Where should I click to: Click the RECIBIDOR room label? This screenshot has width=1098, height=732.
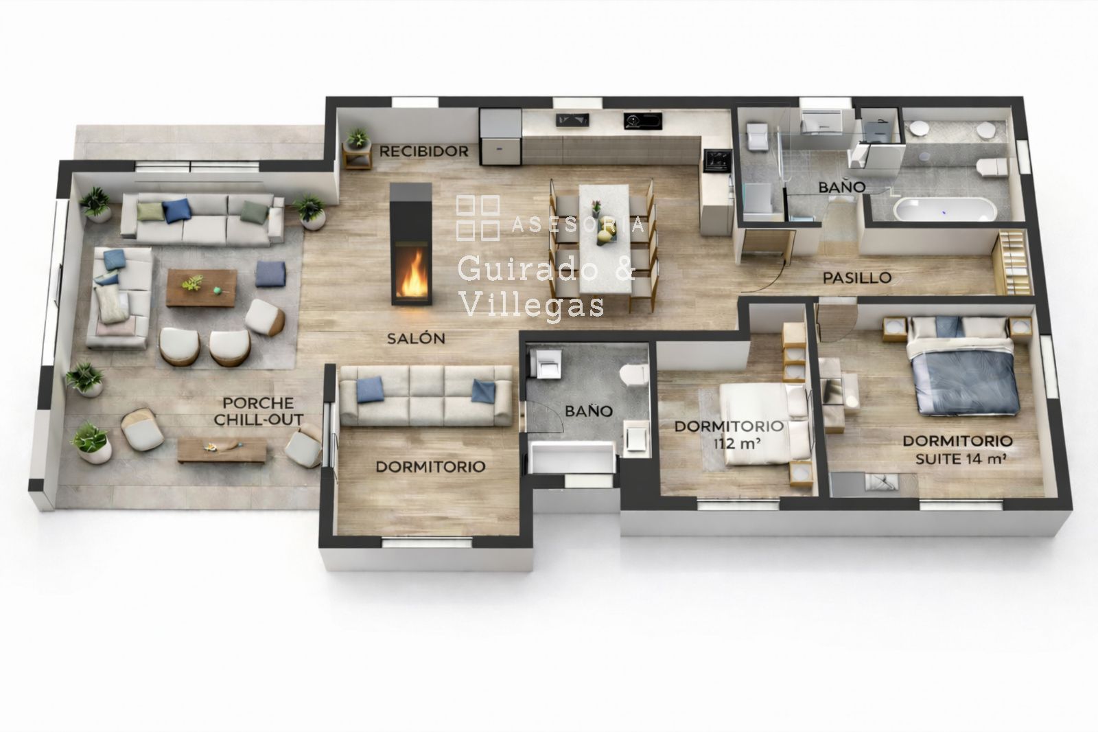424,152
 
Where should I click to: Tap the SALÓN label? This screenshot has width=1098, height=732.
416,338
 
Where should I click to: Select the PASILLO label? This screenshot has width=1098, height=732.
857,278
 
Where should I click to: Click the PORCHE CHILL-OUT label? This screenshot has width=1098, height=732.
259,411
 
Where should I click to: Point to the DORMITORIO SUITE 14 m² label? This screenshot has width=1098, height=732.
958,450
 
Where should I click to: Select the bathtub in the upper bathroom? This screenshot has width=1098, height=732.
944,209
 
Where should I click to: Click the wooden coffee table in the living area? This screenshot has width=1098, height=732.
202,288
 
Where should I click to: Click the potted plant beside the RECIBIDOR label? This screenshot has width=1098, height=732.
358,139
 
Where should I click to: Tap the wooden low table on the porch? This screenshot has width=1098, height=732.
222,450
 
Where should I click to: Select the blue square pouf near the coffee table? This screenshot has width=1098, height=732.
270,274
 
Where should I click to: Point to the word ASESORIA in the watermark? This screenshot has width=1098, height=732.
578,225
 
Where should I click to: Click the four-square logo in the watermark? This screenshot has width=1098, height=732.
478,218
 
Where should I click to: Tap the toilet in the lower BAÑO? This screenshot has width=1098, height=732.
634,376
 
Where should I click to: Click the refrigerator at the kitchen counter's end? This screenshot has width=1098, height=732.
501,137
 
